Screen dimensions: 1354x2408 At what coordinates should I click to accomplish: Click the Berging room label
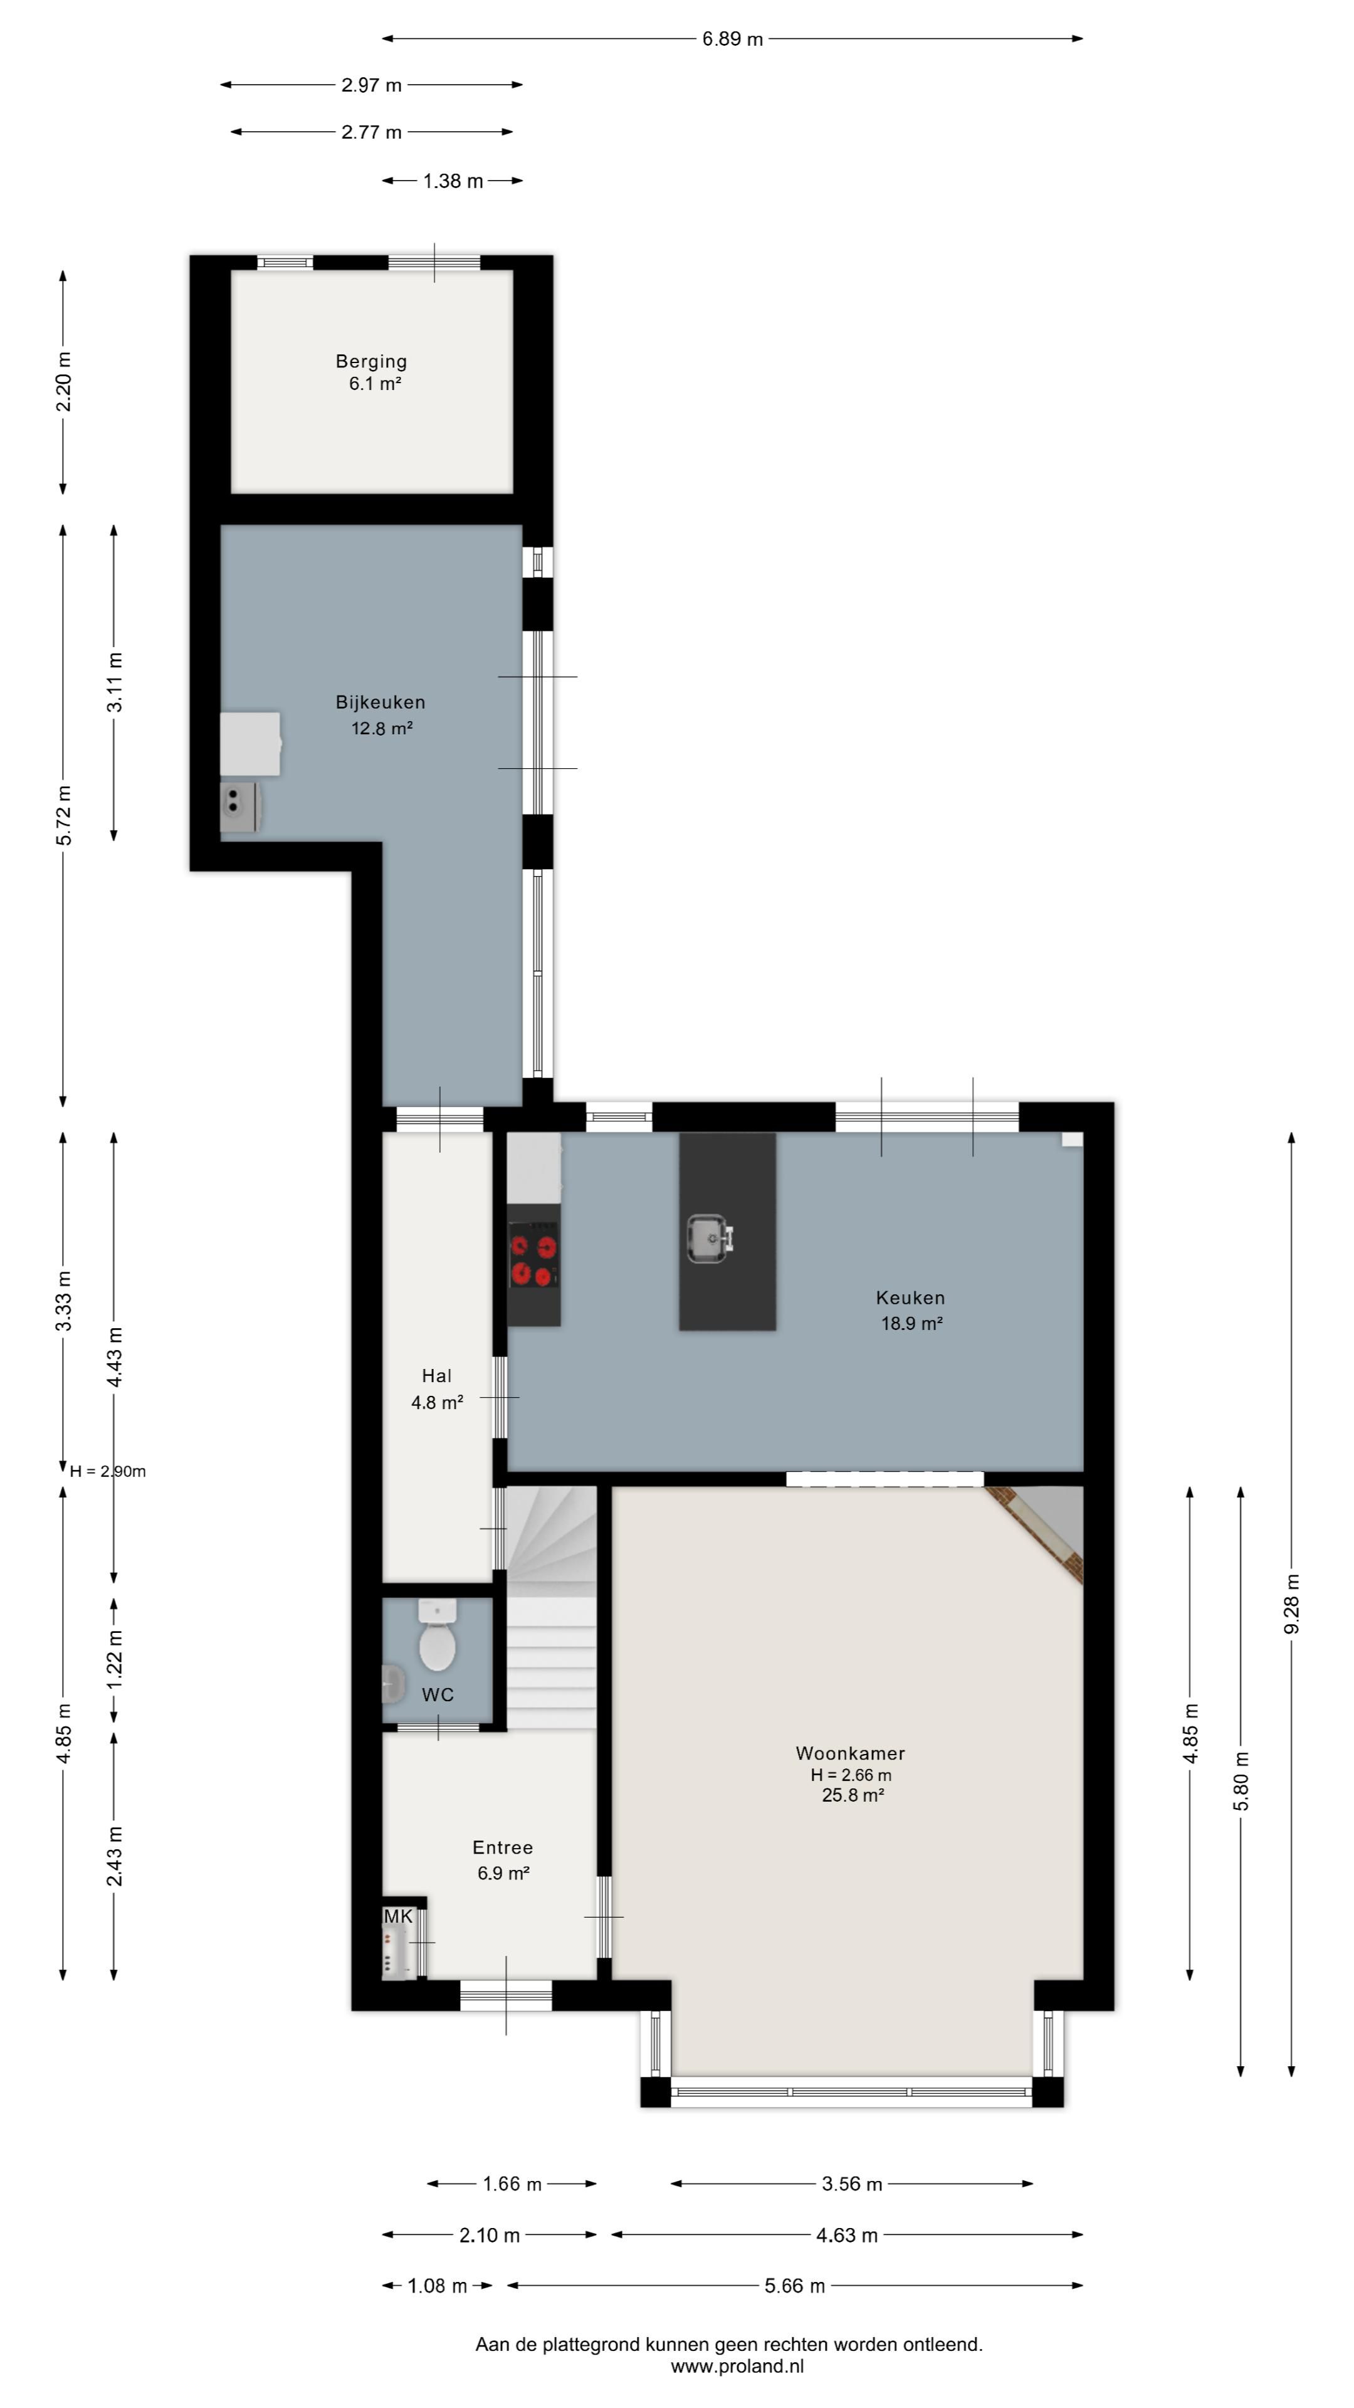tap(371, 372)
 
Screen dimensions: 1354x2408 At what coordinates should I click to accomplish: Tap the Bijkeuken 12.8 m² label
tap(380, 715)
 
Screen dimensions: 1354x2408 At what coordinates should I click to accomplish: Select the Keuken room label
tap(910, 1309)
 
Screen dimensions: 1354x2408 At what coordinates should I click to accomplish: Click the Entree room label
tap(503, 1859)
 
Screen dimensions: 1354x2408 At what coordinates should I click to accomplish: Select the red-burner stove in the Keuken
tap(533, 1258)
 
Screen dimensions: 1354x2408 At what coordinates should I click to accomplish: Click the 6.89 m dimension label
tap(733, 40)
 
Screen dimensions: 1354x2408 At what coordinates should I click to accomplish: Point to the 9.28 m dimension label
tap(1291, 1604)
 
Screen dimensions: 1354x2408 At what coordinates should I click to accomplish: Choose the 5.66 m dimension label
tap(794, 2286)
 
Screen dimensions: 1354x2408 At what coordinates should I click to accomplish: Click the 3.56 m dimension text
tap(851, 2184)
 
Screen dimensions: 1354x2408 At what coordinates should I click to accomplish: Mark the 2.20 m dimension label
tap(63, 381)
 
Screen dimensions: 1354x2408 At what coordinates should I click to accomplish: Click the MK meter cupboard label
tap(398, 1916)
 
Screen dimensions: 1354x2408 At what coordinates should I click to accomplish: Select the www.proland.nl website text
tap(737, 2366)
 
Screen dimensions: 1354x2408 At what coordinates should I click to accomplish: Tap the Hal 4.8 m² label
tap(436, 1388)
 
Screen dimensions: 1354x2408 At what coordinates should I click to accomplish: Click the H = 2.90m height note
tap(107, 1471)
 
